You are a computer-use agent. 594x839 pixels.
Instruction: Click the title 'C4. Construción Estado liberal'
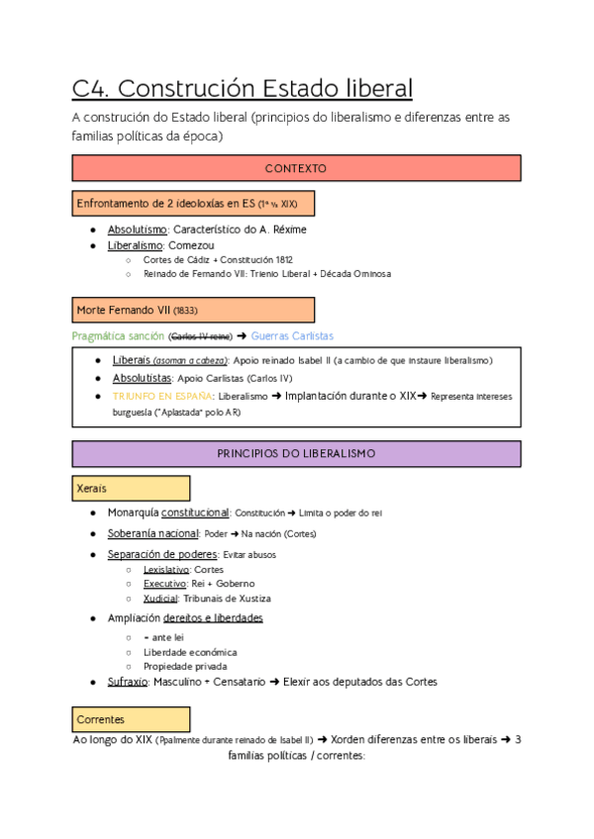(243, 89)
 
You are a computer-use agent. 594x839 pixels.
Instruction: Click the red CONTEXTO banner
(296, 169)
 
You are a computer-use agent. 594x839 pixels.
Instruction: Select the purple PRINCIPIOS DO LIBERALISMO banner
(296, 453)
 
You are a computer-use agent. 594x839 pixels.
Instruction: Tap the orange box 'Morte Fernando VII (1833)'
(193, 311)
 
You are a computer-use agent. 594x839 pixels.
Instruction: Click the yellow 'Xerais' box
(131, 489)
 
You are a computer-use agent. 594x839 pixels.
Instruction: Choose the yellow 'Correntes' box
(131, 718)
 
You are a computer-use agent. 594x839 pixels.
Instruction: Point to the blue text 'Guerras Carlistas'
(293, 336)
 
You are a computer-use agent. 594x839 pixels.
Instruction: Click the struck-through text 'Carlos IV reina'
(201, 337)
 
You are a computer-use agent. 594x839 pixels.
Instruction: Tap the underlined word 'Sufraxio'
(127, 682)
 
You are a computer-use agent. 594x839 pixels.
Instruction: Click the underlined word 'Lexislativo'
(165, 570)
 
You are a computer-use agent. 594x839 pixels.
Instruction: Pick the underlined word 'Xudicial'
(159, 599)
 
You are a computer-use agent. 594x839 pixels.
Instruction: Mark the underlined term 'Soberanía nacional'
(152, 533)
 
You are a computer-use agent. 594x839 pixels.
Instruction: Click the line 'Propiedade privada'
(185, 667)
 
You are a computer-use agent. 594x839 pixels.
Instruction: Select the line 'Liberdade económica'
(189, 652)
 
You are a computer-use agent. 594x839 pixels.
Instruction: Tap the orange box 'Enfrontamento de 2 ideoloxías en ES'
(193, 204)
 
